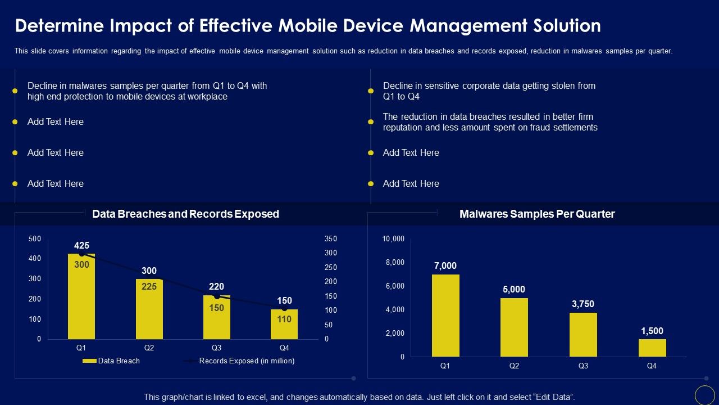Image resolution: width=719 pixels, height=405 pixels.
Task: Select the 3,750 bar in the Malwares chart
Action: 583,335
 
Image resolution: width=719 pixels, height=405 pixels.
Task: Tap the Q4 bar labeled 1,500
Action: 652,348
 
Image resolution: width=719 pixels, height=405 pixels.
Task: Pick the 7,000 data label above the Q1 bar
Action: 445,266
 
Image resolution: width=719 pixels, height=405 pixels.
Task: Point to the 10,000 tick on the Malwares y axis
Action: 393,239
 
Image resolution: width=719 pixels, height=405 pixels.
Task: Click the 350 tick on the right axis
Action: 330,239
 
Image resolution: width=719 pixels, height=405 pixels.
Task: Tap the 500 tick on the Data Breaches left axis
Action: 35,239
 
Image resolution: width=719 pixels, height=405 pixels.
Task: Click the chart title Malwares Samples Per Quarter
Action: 537,214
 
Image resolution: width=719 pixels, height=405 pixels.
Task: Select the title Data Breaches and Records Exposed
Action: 185,214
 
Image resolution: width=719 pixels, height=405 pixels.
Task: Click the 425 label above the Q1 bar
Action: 81,246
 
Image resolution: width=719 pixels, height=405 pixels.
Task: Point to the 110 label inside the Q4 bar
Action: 285,319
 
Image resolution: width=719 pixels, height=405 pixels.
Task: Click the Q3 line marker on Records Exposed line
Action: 217,296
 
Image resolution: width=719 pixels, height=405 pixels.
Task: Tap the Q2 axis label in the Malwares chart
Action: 514,366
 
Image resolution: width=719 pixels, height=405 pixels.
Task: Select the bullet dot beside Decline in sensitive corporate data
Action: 371,91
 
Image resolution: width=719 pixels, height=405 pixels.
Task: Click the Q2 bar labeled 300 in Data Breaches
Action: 149,309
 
